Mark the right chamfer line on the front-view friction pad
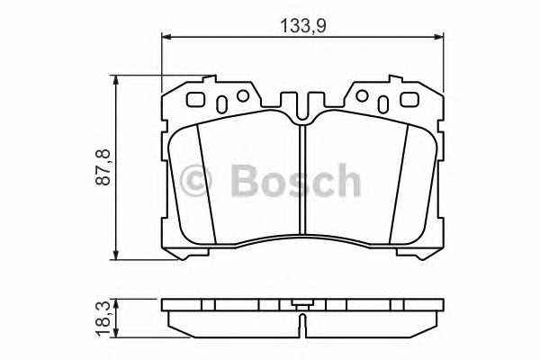point(400,184)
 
